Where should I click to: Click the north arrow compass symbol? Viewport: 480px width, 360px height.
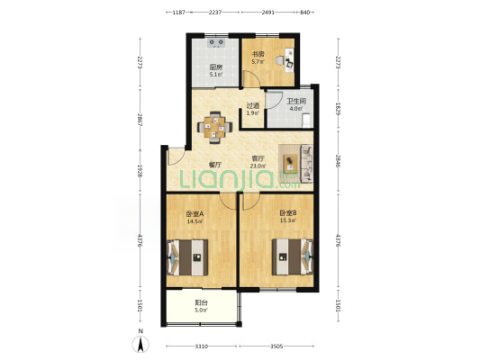(x=140, y=344)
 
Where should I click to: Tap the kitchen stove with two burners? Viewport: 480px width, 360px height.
(x=217, y=43)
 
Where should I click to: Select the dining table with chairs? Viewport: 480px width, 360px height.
(x=215, y=127)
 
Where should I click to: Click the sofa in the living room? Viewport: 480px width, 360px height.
(x=307, y=164)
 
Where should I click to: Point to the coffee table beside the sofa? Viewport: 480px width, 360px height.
(x=290, y=163)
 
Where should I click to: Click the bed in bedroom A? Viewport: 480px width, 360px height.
(x=187, y=257)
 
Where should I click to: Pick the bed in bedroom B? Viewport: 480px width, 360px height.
(x=293, y=256)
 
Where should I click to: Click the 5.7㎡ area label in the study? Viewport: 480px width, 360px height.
(x=258, y=62)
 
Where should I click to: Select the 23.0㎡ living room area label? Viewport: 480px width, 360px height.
(x=258, y=166)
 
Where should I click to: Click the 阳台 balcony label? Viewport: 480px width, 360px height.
(x=202, y=302)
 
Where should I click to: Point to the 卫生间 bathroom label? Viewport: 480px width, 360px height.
(x=296, y=101)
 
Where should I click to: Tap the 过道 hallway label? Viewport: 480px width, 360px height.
(x=253, y=106)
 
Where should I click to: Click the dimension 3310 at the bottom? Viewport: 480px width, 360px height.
(x=202, y=346)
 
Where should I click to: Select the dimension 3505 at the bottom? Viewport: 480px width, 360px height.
(x=276, y=346)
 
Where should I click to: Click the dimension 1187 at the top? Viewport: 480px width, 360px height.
(x=179, y=13)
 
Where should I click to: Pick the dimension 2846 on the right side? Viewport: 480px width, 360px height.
(x=338, y=161)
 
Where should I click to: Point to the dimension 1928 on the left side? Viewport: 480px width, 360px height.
(x=140, y=171)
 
